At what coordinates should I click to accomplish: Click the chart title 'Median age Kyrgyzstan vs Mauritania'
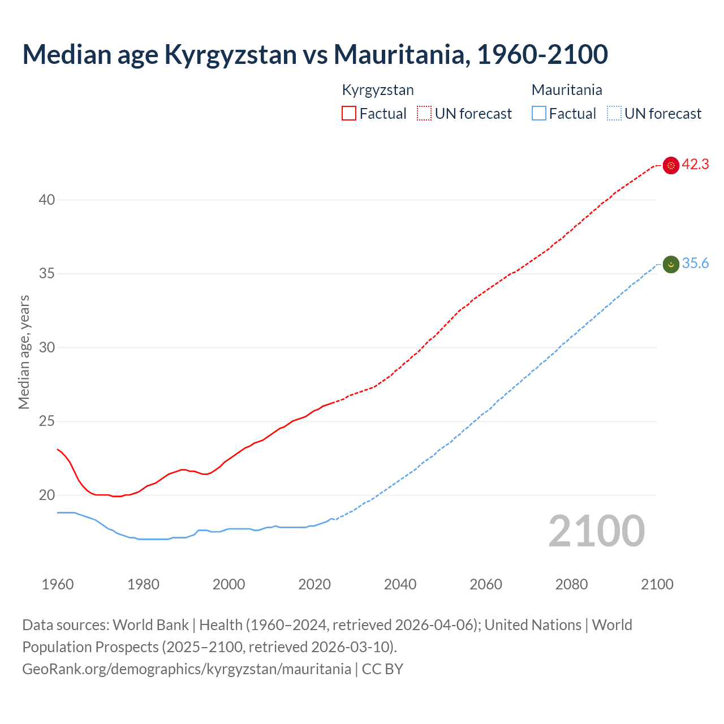314,55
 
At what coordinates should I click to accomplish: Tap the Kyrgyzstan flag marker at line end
671,165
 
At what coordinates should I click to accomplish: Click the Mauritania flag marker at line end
671,264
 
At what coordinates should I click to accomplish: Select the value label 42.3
695,165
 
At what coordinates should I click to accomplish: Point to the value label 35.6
695,264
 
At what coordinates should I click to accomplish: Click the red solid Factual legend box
349,114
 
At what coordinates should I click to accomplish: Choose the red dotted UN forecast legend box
424,114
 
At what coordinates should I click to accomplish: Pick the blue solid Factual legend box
538,114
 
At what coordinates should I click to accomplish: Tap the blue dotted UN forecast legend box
614,114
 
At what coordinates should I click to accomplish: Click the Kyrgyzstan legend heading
378,90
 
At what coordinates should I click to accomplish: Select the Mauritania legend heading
567,90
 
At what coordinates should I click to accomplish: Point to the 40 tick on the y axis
47,200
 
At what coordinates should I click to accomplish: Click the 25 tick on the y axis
47,421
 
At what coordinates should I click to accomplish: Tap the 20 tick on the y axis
47,495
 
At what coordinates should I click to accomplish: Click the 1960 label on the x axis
58,584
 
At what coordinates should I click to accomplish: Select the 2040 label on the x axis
400,584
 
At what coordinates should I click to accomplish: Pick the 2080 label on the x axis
571,584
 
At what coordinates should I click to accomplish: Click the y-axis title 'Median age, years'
24,352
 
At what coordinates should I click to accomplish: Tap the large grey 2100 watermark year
596,531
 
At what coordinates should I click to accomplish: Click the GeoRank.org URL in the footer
187,669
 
